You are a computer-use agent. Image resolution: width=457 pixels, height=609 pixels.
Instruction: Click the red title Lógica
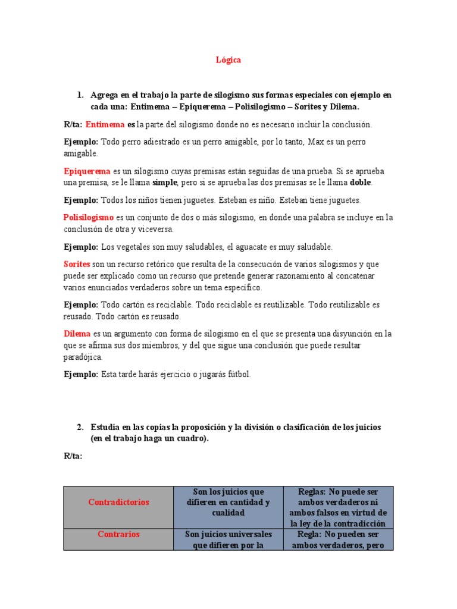click(228, 60)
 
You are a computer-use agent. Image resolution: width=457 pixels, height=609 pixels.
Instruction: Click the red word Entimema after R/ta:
click(105, 125)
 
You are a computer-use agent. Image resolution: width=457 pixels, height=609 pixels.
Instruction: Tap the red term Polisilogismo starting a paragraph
click(89, 218)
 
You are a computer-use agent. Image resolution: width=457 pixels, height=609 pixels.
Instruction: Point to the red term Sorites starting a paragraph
click(76, 264)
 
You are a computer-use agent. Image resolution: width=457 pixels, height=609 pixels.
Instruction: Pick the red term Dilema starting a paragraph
click(76, 333)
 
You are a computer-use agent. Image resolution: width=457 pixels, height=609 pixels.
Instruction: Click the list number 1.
click(80, 95)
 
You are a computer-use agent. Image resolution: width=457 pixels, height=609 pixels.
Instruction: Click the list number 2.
click(80, 427)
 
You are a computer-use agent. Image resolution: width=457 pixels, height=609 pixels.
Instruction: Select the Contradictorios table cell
click(118, 502)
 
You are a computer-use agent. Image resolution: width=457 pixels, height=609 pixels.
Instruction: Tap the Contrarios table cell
click(118, 534)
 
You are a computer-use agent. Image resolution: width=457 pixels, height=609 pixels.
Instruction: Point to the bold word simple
click(165, 183)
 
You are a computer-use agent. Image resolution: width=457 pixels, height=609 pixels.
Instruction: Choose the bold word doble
click(361, 183)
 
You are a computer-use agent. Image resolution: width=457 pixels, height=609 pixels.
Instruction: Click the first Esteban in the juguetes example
click(256, 200)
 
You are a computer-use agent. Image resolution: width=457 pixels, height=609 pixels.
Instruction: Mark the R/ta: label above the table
click(73, 456)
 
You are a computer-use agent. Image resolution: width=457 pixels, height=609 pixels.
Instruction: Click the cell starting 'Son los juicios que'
click(228, 502)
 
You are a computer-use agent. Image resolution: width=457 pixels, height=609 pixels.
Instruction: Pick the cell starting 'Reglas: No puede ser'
click(337, 507)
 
